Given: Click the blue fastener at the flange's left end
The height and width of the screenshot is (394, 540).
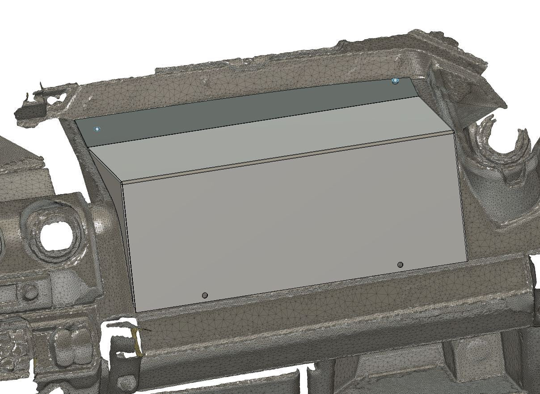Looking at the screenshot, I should [97, 129].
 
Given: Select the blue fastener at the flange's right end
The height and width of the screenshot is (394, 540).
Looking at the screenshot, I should [395, 81].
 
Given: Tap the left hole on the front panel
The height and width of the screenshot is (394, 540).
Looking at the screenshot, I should [205, 295].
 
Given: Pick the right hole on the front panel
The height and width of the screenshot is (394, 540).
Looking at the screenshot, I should [400, 265].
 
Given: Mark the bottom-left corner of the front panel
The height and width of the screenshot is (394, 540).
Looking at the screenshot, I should [135, 312].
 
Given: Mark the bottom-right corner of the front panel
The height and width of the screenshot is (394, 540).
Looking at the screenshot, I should [468, 261].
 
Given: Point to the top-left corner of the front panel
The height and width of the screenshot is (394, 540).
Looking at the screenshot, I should [122, 183].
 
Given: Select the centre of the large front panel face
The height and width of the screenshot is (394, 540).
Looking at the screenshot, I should [295, 223].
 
